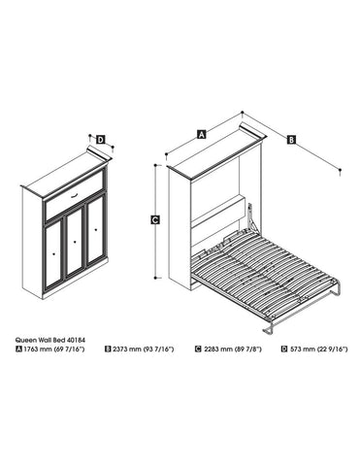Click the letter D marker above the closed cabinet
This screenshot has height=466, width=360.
101,139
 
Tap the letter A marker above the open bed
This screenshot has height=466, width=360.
201,135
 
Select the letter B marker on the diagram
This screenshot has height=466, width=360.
292,141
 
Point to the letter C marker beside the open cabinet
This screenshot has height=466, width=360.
156,220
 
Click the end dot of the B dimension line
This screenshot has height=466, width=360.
341,172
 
